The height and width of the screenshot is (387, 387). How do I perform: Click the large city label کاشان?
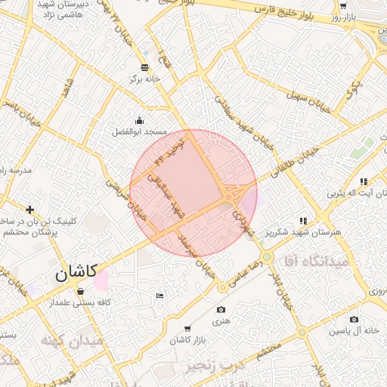click(x=76, y=274)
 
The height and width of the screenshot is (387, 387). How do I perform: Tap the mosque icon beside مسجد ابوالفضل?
click(x=139, y=120)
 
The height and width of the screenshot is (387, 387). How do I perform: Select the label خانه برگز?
click(x=145, y=78)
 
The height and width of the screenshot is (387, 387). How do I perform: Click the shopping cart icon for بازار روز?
click(x=344, y=6)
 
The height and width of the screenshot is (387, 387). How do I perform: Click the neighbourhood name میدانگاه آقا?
click(x=317, y=261)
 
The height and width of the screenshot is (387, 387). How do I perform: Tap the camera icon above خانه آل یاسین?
click(x=354, y=319)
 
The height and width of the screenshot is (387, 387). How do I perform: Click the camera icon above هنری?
click(x=221, y=310)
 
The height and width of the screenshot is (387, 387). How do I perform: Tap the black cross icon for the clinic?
click(x=29, y=209)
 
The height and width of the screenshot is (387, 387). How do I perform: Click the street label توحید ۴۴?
click(x=169, y=151)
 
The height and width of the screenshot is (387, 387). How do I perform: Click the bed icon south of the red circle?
click(x=159, y=296)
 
